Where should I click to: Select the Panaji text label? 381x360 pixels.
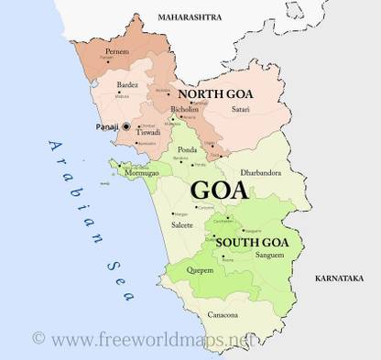click(106, 125)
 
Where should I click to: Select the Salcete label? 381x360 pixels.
click(183, 224)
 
